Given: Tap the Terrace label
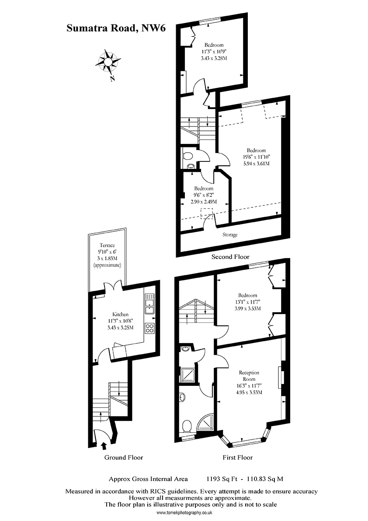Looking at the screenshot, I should coord(107,246).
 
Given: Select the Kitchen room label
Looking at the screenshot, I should coord(121,315).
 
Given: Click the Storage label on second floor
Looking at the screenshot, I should coord(230,235).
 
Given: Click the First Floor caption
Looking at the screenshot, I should coord(238,458).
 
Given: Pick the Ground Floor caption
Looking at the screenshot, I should coord(124,458).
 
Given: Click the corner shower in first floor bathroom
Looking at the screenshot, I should coord(206,423).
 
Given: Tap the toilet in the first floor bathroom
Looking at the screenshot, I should coord(186,425).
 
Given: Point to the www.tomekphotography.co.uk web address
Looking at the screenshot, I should coord(184,513).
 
